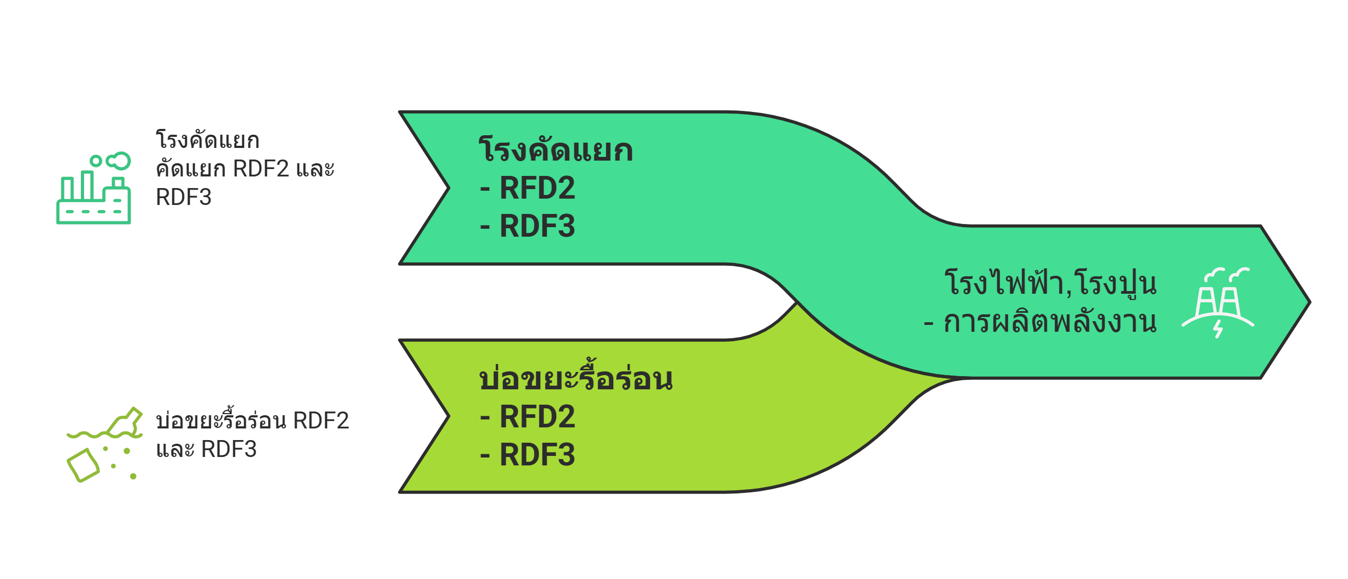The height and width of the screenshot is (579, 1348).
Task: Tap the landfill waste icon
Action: click(105, 444)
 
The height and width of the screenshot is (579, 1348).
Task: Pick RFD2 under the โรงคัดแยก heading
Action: click(537, 188)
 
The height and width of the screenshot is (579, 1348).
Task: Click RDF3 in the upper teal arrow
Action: click(537, 226)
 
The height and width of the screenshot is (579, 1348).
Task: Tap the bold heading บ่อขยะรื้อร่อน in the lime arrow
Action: click(576, 379)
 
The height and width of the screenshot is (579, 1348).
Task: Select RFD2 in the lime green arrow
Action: click(537, 417)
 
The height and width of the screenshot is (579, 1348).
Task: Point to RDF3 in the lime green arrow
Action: click(537, 455)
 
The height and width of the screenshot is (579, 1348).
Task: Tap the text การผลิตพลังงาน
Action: click(1050, 322)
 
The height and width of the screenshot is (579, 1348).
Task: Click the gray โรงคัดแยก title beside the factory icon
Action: click(207, 141)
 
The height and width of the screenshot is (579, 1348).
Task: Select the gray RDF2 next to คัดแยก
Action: click(261, 169)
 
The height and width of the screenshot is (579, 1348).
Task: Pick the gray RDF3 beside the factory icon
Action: click(183, 198)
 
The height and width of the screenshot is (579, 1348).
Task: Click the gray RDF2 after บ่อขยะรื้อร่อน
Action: click(321, 421)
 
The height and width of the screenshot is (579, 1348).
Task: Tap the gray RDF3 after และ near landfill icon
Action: click(229, 450)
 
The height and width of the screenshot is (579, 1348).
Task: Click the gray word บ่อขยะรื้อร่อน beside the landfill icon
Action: click(221, 421)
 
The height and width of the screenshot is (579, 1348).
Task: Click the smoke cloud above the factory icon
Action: click(118, 161)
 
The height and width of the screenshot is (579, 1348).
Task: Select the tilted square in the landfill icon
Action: click(83, 465)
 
